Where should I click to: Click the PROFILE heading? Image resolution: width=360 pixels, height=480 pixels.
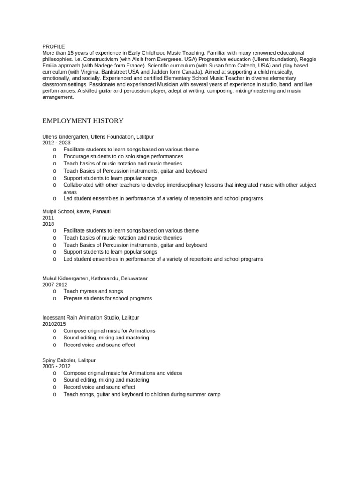pyautogui.click(x=53, y=46)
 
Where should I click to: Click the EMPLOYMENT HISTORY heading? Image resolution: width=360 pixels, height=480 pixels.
pyautogui.click(x=83, y=121)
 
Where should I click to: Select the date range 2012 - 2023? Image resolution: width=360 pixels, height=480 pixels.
pyautogui.click(x=57, y=142)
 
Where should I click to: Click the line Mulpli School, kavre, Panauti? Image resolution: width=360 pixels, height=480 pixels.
pyautogui.click(x=76, y=211)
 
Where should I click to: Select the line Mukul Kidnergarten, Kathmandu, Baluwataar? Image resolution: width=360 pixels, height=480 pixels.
pyautogui.click(x=95, y=278)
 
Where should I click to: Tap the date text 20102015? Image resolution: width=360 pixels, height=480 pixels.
pyautogui.click(x=54, y=323)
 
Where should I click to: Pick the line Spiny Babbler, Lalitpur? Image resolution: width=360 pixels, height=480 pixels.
pyautogui.click(x=69, y=360)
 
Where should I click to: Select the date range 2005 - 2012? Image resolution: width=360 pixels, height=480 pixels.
pyautogui.click(x=57, y=366)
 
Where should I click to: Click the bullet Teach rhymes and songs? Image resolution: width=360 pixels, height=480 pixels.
pyautogui.click(x=93, y=291)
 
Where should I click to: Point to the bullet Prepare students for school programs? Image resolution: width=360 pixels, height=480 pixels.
pyautogui.click(x=108, y=298)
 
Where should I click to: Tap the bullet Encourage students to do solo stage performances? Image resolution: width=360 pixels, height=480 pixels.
pyautogui.click(x=123, y=156)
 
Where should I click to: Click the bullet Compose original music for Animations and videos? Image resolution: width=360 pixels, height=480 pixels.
pyautogui.click(x=123, y=373)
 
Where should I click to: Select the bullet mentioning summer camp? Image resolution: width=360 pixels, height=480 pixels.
pyautogui.click(x=142, y=394)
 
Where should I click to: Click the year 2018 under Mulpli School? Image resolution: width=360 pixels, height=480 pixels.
pyautogui.click(x=48, y=224)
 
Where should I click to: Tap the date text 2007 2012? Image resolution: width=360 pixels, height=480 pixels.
pyautogui.click(x=55, y=285)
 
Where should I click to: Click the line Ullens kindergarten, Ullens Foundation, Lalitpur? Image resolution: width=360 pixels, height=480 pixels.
pyautogui.click(x=98, y=136)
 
